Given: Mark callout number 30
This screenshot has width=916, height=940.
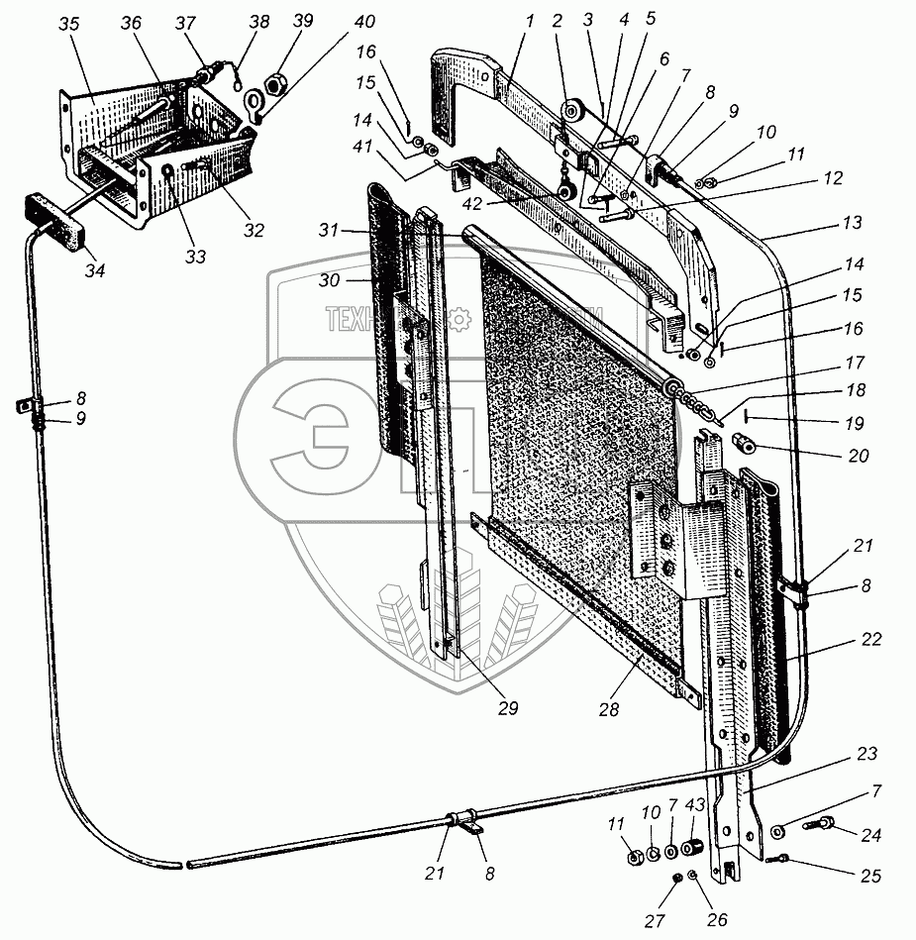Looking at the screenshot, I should coord(330,281).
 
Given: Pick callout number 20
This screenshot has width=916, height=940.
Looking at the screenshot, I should coord(858,456).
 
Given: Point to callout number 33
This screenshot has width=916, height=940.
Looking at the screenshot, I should coord(194,258).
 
